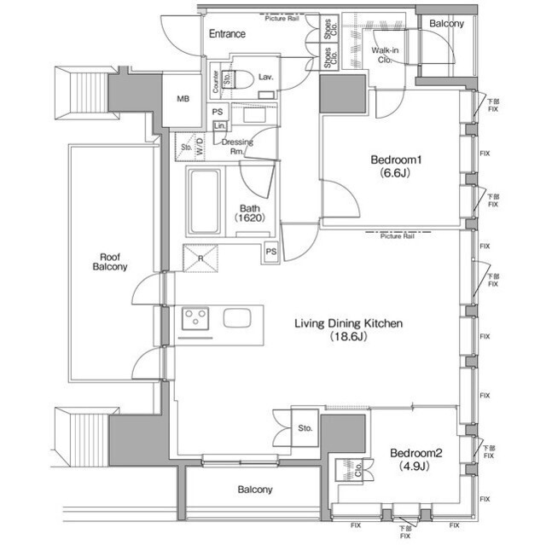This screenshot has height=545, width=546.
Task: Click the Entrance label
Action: pos(227,34)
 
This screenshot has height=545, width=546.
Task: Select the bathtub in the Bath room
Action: pos(205,202)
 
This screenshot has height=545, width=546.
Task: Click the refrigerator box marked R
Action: pos(199,258)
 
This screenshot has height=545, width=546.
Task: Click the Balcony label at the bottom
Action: pos(255,490)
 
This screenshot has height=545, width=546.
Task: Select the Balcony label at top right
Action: pos(445,24)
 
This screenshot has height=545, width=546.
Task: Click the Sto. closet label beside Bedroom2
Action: pos(305,428)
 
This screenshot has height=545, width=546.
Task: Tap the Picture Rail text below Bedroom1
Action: pos(397,236)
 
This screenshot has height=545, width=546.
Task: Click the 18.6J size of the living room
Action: pos(348,337)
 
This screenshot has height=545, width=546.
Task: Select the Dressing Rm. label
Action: pos(236,147)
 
